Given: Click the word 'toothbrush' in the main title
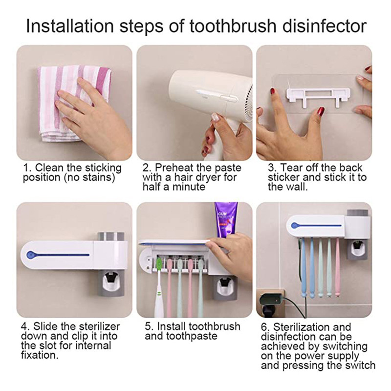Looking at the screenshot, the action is (233, 25).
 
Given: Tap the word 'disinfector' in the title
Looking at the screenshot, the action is (325, 25).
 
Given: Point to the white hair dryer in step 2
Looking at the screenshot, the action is (212, 100).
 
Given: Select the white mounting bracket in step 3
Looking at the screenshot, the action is (319, 96).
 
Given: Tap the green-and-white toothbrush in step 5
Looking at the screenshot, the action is (158, 287).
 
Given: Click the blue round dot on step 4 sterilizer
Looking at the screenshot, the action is (30, 255).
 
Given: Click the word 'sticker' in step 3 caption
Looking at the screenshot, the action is (284, 177).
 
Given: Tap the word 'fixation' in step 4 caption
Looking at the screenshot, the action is (38, 355).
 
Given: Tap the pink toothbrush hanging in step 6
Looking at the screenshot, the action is (337, 267).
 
